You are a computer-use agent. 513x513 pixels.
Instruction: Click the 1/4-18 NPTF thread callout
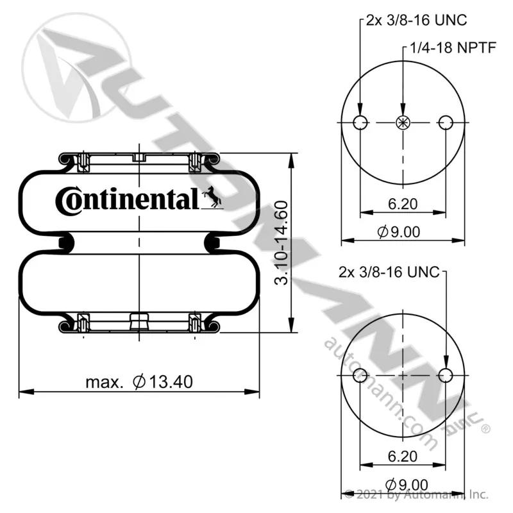click(453, 47)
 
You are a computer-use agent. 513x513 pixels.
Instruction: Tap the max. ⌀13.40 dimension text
click(139, 382)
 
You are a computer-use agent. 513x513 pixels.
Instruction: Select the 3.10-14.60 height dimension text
click(282, 243)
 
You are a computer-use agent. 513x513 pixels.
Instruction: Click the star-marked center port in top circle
click(403, 122)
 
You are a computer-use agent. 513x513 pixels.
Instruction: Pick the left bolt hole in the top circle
click(360, 122)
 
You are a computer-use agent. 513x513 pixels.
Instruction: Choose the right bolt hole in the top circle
click(446, 122)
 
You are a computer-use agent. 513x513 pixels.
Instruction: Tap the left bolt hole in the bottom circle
click(360, 375)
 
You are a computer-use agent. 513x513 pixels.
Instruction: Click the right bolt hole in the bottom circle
click(446, 375)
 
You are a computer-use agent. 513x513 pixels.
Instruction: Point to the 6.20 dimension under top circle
click(403, 204)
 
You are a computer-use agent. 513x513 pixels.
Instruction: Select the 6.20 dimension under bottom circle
click(403, 457)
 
